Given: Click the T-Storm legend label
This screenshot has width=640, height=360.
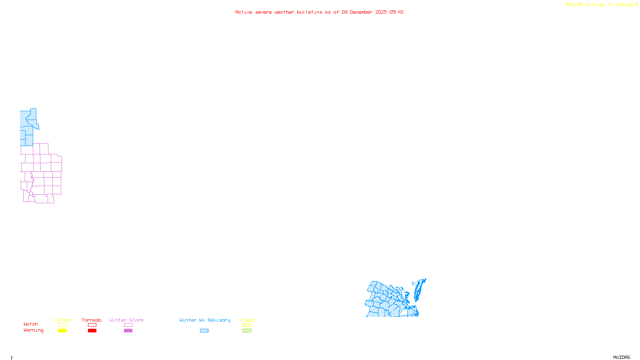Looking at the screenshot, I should pyautogui.click(x=62, y=320).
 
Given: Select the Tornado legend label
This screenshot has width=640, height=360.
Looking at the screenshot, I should pyautogui.click(x=92, y=320).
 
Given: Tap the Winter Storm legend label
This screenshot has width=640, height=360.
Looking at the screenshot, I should pyautogui.click(x=126, y=320).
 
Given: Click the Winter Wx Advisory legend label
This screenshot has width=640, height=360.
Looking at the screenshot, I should pyautogui.click(x=205, y=320).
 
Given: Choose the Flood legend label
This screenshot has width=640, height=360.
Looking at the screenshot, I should pyautogui.click(x=247, y=320).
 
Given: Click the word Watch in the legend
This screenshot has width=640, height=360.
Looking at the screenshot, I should pyautogui.click(x=31, y=324).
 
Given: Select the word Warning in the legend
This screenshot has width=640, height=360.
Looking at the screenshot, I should pyautogui.click(x=34, y=330).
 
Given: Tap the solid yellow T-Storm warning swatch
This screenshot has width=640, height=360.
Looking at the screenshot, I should pyautogui.click(x=62, y=331).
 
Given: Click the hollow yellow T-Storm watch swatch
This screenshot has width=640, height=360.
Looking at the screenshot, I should pyautogui.click(x=62, y=325).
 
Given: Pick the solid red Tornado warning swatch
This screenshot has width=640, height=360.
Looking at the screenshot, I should pyautogui.click(x=92, y=331).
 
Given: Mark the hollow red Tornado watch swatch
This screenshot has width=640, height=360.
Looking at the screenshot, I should pyautogui.click(x=92, y=325).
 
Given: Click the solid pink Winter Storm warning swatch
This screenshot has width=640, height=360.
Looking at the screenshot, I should pyautogui.click(x=128, y=331).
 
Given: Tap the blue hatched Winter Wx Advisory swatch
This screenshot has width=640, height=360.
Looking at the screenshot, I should pyautogui.click(x=204, y=331).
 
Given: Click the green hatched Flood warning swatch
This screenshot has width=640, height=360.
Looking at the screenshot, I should pyautogui.click(x=247, y=331).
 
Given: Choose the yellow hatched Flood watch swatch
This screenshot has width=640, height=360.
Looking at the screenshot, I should pyautogui.click(x=247, y=325).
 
